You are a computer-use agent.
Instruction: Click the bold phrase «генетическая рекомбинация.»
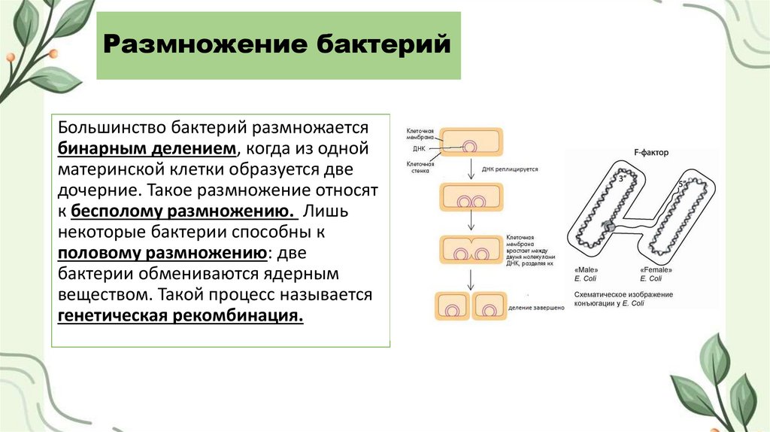[180, 316]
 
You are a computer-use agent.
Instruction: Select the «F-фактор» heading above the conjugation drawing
[650, 154]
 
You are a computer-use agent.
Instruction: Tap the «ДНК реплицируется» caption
[511, 170]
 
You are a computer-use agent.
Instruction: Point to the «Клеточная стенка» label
[418, 168]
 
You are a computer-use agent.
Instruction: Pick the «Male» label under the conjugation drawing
[586, 270]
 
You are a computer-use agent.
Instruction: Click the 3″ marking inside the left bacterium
[621, 181]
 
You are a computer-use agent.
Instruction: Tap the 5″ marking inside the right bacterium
[681, 184]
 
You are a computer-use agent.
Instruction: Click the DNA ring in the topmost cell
[470, 145]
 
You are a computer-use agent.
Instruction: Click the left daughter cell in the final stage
[452, 307]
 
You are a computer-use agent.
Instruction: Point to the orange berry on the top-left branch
[52, 54]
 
